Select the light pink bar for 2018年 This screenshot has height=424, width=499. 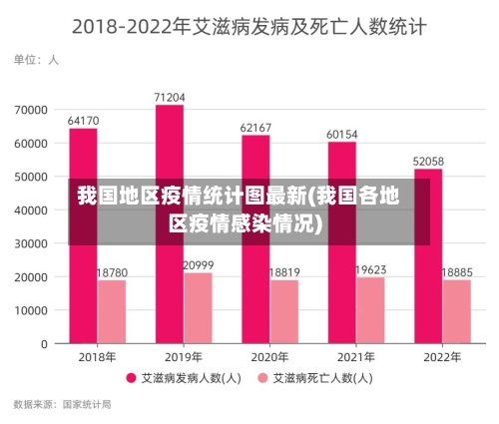click(x=112, y=311)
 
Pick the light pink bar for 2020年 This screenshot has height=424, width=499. click(x=284, y=311)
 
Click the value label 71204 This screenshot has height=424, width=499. click(x=170, y=97)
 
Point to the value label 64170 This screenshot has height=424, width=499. click(x=83, y=121)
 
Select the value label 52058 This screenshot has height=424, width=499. click(x=428, y=161)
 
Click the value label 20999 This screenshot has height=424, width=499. click(x=199, y=264)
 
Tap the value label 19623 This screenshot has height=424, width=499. click(x=371, y=269)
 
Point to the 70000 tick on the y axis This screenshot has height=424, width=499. click(x=30, y=109)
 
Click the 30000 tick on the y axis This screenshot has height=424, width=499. click(x=30, y=243)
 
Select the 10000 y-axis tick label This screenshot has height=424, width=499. click(x=30, y=310)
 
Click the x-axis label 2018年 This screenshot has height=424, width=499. click(x=97, y=356)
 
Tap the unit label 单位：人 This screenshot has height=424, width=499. click(x=36, y=60)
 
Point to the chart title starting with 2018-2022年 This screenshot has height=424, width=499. click(x=249, y=27)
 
